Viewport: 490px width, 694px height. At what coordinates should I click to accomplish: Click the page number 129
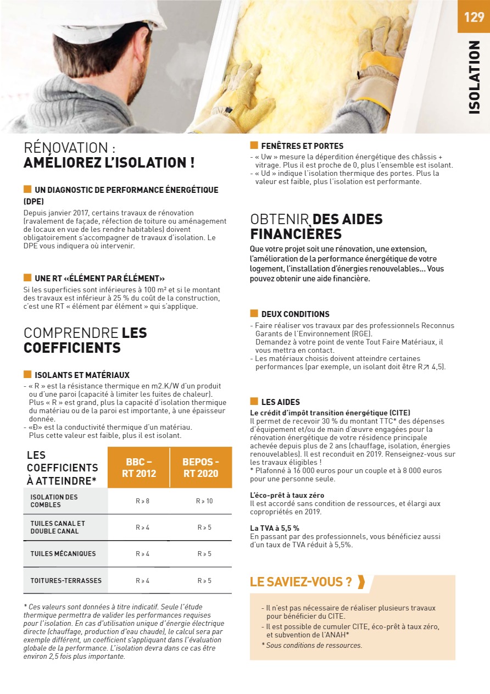click(474, 17)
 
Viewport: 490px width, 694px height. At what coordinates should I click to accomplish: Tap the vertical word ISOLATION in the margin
click(474, 77)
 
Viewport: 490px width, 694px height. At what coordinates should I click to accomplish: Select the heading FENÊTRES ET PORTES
click(302, 146)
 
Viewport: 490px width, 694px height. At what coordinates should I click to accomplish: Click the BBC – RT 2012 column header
click(139, 468)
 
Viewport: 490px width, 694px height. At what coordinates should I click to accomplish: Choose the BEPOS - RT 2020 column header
click(201, 468)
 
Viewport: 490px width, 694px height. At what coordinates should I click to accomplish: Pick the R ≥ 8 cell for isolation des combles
click(142, 501)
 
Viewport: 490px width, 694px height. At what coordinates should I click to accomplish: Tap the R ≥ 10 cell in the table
click(204, 501)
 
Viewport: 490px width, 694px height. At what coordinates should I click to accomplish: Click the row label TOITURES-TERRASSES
click(66, 581)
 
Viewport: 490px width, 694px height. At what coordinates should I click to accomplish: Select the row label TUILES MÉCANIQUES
click(63, 554)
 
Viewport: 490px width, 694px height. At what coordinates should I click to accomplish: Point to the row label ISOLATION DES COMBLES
click(54, 501)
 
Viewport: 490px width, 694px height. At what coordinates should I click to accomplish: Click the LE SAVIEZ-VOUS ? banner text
click(301, 582)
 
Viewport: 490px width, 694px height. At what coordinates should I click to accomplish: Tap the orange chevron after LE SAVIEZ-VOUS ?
click(361, 582)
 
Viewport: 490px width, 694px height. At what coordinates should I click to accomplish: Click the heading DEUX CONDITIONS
click(296, 314)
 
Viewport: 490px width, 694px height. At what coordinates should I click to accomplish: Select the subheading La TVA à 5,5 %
click(275, 528)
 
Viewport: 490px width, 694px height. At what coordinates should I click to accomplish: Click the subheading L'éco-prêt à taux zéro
click(287, 496)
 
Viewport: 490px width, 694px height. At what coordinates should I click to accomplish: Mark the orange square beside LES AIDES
click(254, 402)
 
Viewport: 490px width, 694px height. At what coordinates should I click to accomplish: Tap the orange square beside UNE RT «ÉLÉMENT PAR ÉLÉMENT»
click(27, 278)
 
